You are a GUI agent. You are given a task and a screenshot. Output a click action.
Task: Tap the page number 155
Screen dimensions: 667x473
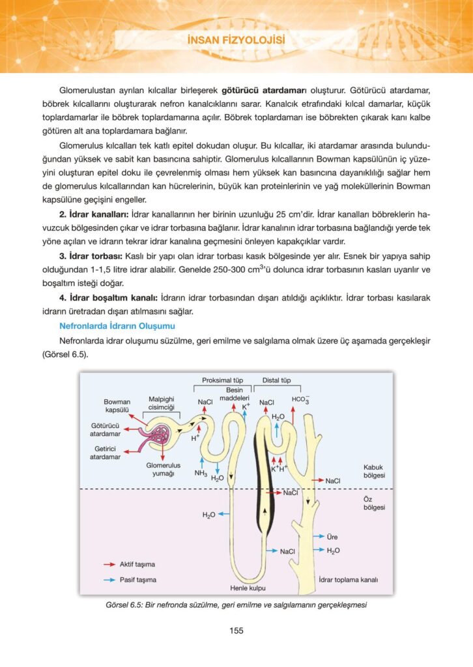pyautogui.click(x=236, y=630)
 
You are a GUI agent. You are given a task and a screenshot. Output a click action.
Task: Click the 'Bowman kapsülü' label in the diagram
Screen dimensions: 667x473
pyautogui.click(x=117, y=406)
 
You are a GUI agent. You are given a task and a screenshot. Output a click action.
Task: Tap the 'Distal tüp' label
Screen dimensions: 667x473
pyautogui.click(x=276, y=380)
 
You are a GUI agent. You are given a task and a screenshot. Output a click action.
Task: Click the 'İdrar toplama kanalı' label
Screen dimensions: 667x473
pyautogui.click(x=349, y=579)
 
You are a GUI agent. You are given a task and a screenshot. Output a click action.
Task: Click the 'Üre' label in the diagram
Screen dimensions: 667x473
pyautogui.click(x=332, y=537)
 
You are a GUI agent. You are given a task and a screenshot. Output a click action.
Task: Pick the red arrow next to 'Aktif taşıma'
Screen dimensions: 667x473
pyautogui.click(x=109, y=564)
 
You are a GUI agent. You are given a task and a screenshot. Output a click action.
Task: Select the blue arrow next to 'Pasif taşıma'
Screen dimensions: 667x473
pyautogui.click(x=109, y=579)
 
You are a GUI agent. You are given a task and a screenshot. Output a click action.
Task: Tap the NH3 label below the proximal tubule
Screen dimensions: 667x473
pyautogui.click(x=201, y=473)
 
